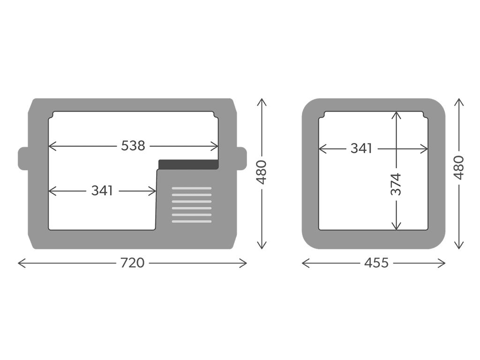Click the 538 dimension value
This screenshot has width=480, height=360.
pos(133,146)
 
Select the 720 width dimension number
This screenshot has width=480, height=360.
pos(132,262)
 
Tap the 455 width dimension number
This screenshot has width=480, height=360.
pos(376,262)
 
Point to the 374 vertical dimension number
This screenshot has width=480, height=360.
pos(396,184)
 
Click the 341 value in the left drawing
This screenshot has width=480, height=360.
pos(102,191)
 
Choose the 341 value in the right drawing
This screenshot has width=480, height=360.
pos(361,149)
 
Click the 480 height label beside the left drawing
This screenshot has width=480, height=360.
pos(262,172)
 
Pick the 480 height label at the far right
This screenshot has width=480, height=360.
pos(459,167)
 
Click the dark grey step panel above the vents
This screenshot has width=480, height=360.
pos(188,165)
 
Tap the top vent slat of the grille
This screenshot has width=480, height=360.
pos(192,188)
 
